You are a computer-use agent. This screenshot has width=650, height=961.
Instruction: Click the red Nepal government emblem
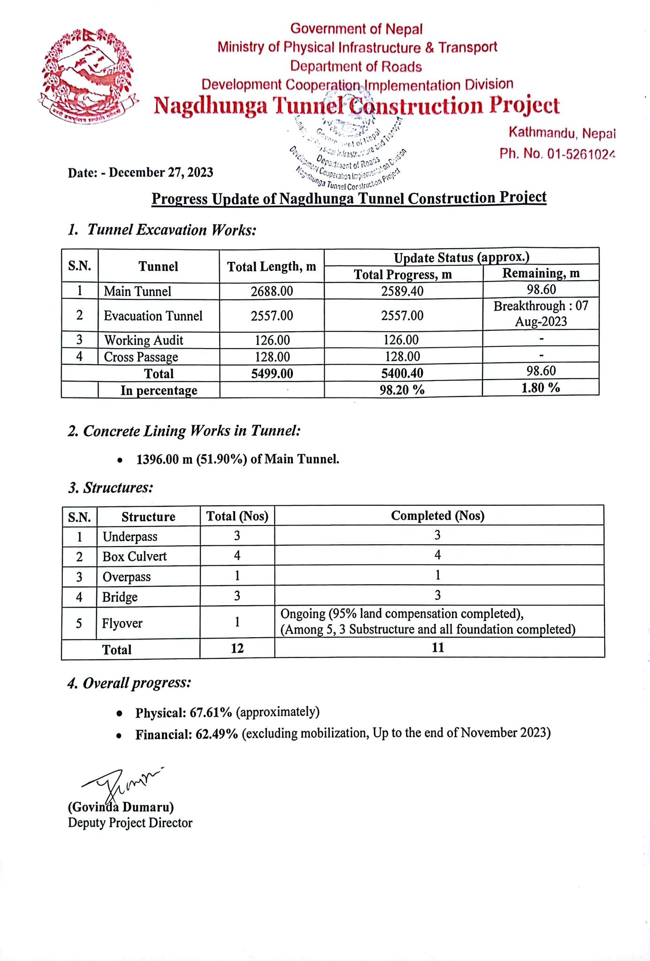click(87, 75)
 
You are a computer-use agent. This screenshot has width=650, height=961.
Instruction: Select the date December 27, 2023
click(161, 173)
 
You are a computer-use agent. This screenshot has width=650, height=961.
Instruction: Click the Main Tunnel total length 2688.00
click(272, 291)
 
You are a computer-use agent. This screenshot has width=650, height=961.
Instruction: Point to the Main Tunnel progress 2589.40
click(402, 291)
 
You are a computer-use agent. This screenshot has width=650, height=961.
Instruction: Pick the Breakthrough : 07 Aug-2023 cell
click(541, 314)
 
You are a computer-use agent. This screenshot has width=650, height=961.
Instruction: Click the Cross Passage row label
click(141, 357)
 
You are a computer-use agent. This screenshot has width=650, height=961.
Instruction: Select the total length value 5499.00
click(272, 374)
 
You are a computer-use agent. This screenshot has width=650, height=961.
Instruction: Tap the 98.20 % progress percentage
click(402, 389)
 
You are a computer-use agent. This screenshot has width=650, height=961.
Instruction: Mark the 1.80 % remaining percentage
click(541, 388)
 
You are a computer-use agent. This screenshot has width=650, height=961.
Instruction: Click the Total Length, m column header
click(272, 267)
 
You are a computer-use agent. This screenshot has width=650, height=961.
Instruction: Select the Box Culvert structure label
click(135, 557)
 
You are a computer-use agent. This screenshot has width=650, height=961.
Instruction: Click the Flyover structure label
click(122, 624)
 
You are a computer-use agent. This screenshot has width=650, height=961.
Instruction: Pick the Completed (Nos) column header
click(437, 516)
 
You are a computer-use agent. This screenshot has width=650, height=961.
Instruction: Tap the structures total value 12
click(237, 648)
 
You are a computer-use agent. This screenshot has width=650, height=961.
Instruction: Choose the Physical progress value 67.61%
click(211, 713)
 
